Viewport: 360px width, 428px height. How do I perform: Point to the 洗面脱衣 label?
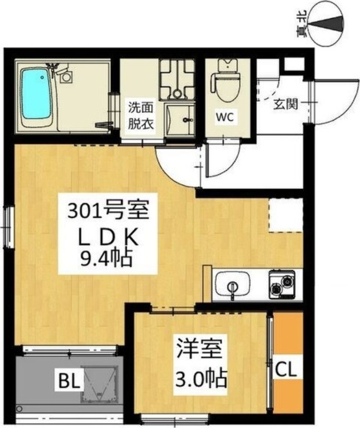(140, 115)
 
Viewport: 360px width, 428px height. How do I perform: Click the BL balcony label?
(70, 381)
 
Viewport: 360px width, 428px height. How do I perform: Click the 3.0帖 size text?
(200, 380)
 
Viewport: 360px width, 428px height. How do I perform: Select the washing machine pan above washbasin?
(177, 78)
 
